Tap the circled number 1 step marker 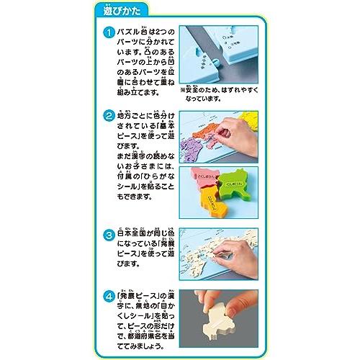[x=108, y=33]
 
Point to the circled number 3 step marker [x=108, y=235]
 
